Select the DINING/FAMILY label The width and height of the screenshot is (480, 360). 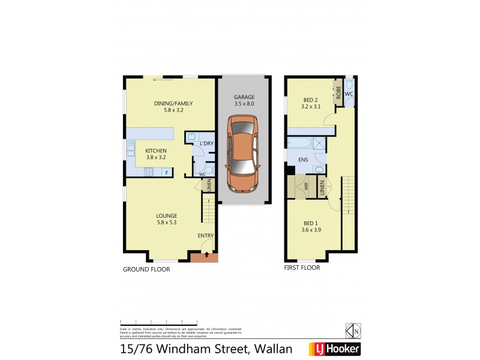[161, 103]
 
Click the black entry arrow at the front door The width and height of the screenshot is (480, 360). [205, 256]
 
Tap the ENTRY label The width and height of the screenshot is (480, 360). [205, 235]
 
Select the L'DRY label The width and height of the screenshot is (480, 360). [207, 143]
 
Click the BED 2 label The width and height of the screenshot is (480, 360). [310, 100]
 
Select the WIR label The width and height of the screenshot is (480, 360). [306, 187]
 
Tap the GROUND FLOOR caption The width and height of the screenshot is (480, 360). [146, 269]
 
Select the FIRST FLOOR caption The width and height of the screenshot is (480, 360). [302, 268]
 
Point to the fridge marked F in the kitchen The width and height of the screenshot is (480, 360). [166, 173]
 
